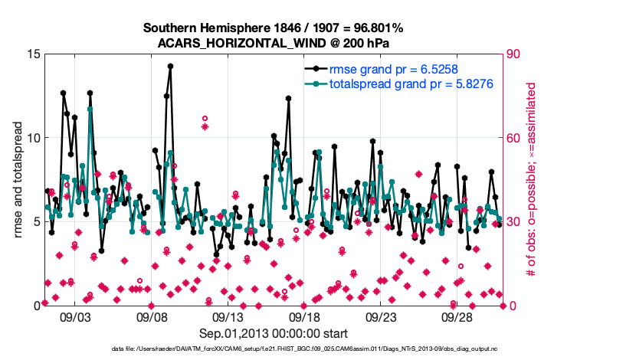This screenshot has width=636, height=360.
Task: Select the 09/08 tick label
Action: coord(152,316)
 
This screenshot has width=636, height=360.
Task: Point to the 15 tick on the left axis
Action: coord(32,54)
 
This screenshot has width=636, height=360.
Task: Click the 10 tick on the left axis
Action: coord(32,138)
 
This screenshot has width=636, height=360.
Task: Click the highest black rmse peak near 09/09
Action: coord(170,66)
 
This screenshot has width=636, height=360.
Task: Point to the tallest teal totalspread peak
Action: coord(90,109)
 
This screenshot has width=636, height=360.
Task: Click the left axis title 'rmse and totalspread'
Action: coord(18,180)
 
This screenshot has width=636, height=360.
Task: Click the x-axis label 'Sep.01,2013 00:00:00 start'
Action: coord(274,333)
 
